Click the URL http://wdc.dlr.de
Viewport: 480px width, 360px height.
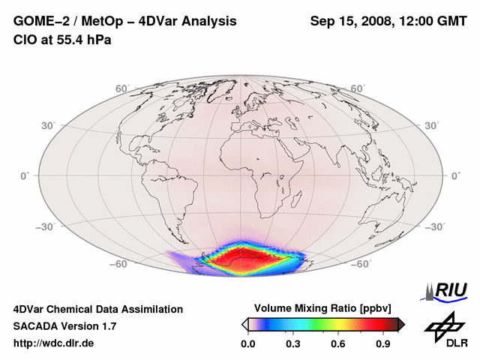click(x=54, y=343)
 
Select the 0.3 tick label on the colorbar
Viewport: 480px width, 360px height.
click(x=293, y=343)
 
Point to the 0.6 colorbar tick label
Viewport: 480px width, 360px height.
click(x=338, y=343)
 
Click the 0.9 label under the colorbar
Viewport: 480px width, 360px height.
click(x=383, y=343)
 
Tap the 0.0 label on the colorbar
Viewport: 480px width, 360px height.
click(x=248, y=343)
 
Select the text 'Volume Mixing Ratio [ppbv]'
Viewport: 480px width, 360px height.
click(x=322, y=308)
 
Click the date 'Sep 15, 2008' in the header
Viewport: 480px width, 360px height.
click(x=351, y=21)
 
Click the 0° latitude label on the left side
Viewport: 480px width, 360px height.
click(x=25, y=175)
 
